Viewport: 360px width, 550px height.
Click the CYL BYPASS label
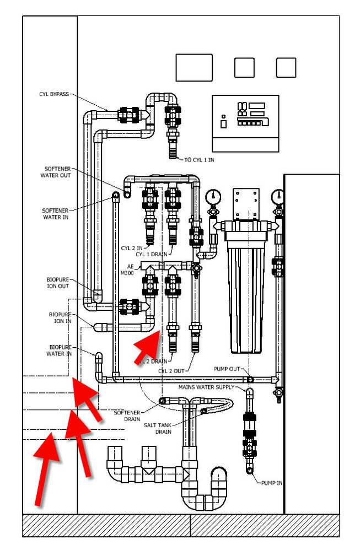point(53,94)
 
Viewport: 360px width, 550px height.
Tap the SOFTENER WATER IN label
point(55,214)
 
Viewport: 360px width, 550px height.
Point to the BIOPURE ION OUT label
point(57,283)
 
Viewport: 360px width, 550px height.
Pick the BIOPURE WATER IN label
point(60,351)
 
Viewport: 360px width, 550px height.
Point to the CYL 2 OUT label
point(171,370)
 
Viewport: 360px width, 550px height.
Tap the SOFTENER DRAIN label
point(128,416)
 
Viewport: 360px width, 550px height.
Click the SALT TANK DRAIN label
point(158,428)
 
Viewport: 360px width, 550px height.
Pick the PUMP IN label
point(272,483)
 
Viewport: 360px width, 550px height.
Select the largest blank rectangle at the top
point(194,67)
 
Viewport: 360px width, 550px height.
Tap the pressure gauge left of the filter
point(212,196)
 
